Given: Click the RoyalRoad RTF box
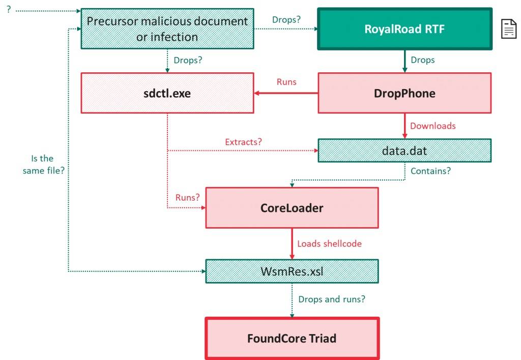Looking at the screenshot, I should (x=404, y=29).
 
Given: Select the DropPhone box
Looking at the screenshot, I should (x=404, y=93).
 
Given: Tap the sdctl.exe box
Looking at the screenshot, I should (x=167, y=93).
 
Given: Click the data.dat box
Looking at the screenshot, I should (x=404, y=151).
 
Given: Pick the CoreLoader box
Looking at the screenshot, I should (x=292, y=208).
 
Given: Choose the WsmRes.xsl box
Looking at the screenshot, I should (x=292, y=271).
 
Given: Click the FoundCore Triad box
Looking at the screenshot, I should (x=292, y=338).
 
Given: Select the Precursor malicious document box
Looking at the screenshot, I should (x=167, y=29).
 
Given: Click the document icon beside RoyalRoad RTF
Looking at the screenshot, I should (x=509, y=29).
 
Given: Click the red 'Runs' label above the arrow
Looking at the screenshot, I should (x=286, y=81).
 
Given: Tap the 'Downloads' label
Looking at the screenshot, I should (x=432, y=126).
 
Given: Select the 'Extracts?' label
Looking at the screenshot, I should (x=243, y=142).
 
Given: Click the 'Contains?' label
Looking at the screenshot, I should (x=430, y=171).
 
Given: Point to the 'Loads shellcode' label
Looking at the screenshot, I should (x=329, y=243).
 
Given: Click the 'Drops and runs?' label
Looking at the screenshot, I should (x=331, y=299).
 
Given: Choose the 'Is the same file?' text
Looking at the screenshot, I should (x=43, y=164).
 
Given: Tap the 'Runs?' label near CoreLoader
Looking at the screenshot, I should (x=187, y=197).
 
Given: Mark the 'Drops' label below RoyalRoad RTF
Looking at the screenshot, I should (x=423, y=60).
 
